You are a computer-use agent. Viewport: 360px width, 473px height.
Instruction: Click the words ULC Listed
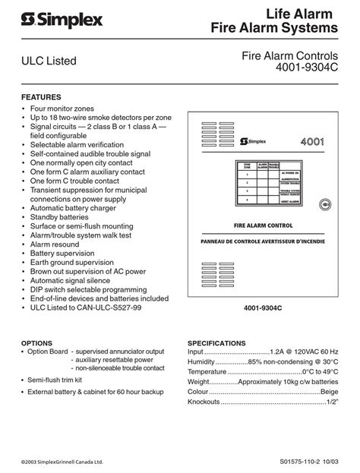[49, 61]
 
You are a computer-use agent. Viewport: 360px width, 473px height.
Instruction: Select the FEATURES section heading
[41, 97]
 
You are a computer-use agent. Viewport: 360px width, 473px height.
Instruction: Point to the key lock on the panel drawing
[325, 203]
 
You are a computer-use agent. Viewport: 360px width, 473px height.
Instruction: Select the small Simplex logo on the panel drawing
[255, 141]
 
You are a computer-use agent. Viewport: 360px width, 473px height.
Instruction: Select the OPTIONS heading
[36, 343]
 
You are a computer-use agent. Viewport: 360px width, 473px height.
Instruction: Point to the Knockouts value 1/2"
[331, 402]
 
